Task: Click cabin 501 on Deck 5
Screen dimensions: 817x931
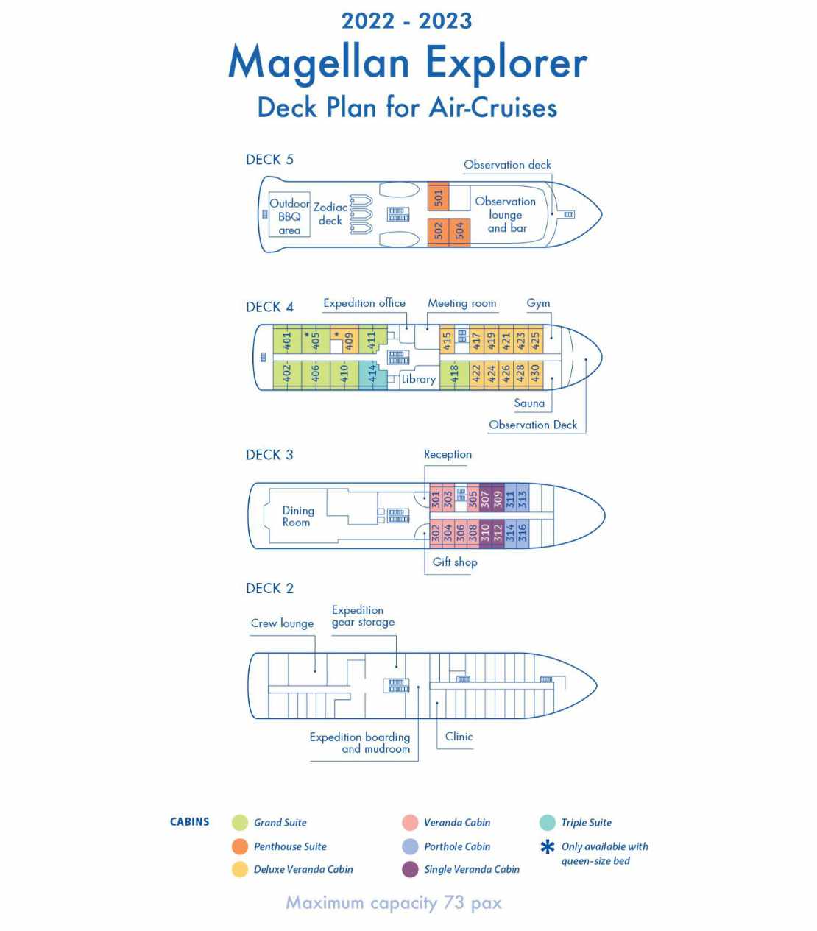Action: click(438, 197)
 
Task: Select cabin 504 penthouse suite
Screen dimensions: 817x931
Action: click(459, 232)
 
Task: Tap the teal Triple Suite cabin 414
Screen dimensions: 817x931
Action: click(372, 375)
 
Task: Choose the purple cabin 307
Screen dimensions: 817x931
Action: click(485, 498)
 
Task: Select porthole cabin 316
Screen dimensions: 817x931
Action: click(523, 534)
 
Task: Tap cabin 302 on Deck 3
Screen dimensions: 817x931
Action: click(436, 534)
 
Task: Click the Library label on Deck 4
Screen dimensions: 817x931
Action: click(419, 379)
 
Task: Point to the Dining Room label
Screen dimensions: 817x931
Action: click(298, 517)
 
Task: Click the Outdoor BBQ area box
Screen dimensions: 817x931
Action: click(289, 214)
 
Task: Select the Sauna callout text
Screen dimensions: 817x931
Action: click(529, 403)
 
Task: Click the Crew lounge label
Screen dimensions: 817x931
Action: click(282, 623)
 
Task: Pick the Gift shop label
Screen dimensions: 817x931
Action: click(455, 562)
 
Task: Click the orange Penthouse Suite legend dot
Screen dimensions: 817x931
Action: click(240, 846)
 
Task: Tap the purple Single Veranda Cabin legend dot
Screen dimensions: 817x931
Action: click(410, 869)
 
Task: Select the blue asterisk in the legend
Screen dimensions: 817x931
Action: click(548, 846)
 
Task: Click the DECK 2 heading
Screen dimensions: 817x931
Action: click(269, 588)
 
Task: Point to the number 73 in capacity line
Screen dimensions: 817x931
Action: click(454, 902)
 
